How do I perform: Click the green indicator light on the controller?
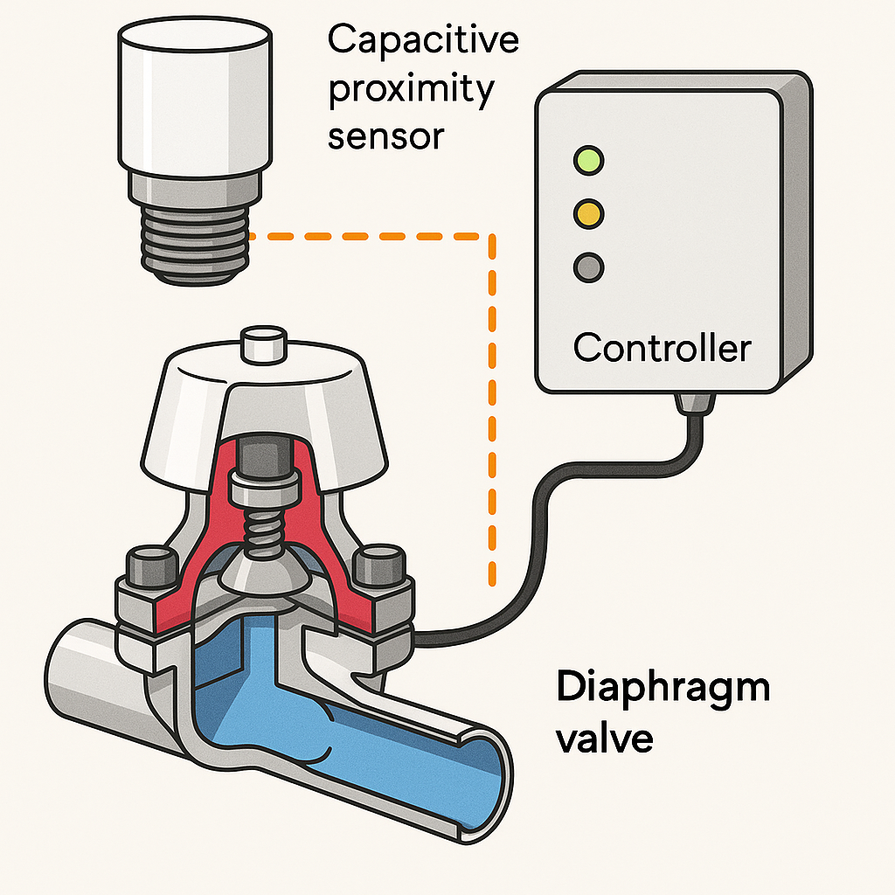coord(587,160)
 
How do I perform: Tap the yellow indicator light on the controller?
coord(587,212)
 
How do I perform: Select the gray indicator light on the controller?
coord(587,266)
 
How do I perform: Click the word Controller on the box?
coord(662,348)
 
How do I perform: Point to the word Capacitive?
coord(423,40)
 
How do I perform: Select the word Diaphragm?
coord(663,688)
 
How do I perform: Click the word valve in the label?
coord(604,739)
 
